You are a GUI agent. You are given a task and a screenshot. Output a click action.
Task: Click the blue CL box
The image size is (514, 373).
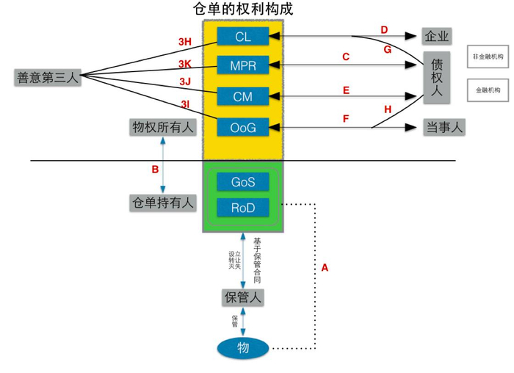243,36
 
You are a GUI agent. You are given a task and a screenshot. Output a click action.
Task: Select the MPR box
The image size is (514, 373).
243,65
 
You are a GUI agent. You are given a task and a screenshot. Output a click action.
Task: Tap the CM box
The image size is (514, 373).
243,95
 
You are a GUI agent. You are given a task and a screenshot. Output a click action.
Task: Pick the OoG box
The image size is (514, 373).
243,127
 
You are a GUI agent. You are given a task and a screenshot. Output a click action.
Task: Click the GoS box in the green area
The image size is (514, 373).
243,182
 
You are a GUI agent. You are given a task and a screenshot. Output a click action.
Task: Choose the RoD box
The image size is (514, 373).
243,208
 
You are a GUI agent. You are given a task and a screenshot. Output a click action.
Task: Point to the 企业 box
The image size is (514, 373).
437,35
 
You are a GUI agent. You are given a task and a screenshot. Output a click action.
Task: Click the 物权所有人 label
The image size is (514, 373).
163,127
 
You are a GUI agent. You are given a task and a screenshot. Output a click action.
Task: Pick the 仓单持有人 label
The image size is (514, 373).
163,203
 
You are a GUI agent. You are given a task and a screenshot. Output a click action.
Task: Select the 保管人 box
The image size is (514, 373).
242,297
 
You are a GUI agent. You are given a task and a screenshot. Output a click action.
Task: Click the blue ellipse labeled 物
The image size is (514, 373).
243,347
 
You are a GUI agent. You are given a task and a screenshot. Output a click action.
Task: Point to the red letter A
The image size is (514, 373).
325,268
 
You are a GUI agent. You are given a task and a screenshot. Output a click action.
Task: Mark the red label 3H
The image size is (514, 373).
185,43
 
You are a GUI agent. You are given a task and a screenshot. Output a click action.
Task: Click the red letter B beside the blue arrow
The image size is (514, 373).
155,170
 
